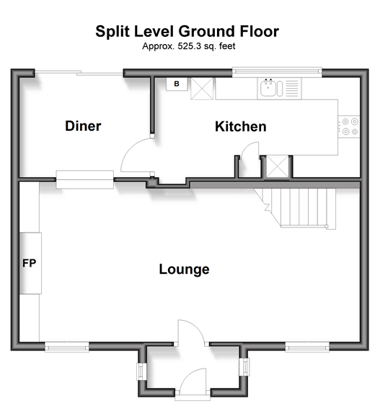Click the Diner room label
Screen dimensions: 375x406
click(x=83, y=126)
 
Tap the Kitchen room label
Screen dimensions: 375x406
click(x=241, y=126)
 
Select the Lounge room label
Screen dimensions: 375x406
click(x=184, y=269)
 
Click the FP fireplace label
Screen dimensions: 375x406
click(x=29, y=263)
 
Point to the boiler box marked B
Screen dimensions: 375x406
click(x=177, y=84)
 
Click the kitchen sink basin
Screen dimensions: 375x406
click(x=268, y=88)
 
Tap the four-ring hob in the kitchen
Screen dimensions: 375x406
click(x=348, y=126)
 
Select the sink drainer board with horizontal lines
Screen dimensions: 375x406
click(x=292, y=88)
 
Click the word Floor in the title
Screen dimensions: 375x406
click(x=259, y=32)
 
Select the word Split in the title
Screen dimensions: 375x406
click(x=112, y=32)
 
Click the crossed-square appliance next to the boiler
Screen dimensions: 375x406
click(x=202, y=89)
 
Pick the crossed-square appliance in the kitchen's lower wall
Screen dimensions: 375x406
click(x=278, y=166)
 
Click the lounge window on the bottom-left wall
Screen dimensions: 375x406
click(x=67, y=347)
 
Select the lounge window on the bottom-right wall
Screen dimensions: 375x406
click(x=307, y=347)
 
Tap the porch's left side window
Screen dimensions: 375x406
click(x=140, y=371)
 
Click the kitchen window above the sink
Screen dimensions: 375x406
click(x=277, y=72)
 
